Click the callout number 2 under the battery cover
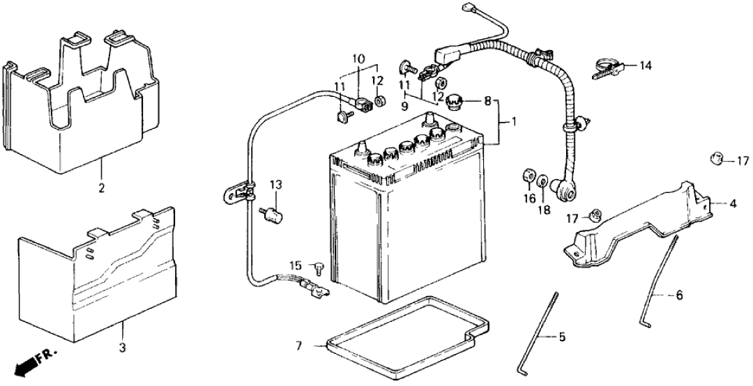click(x=101, y=188)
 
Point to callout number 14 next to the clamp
click(x=646, y=66)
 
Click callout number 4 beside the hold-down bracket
click(x=733, y=204)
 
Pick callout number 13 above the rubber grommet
click(x=275, y=185)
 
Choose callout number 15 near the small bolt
click(x=296, y=265)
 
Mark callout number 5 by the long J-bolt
click(x=561, y=338)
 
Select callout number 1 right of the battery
click(x=513, y=122)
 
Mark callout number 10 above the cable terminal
click(x=358, y=59)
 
